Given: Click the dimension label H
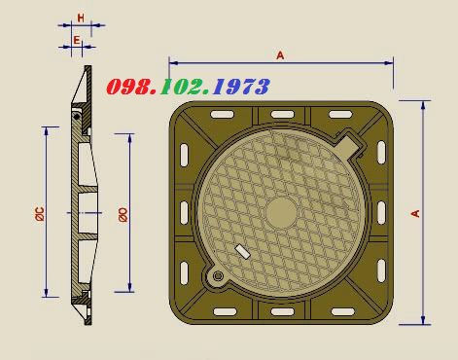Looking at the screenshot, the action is coord(81,18).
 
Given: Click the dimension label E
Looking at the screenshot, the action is coord(77,40).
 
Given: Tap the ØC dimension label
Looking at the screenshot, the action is coord(40,214).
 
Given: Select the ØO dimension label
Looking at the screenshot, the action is coord(123,215).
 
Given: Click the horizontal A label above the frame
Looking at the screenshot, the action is coord(280,55).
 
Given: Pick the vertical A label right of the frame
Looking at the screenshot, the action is coord(415,213).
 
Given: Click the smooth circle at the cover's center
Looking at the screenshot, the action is coord(281,213).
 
